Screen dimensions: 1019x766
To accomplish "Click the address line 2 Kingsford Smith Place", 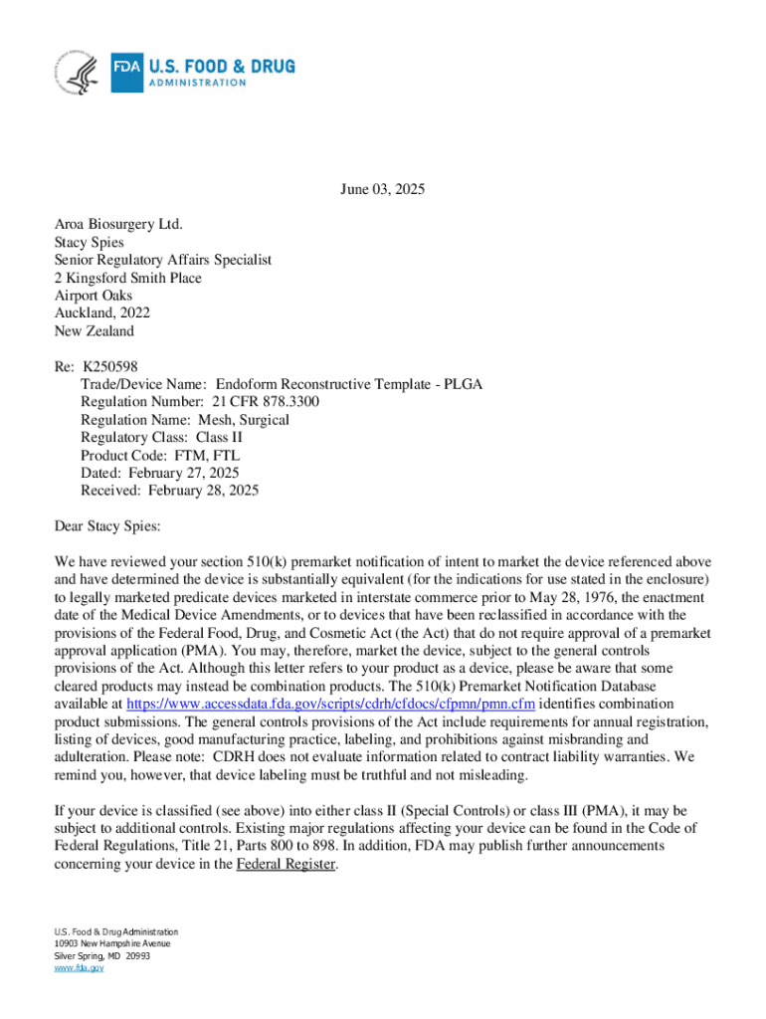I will click(127, 278).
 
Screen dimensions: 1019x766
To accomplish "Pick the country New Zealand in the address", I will click(94, 331).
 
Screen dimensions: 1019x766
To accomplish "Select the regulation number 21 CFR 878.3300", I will click(266, 401).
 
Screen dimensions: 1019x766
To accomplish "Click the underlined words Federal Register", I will click(287, 865).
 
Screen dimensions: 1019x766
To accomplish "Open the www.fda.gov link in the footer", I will click(79, 967).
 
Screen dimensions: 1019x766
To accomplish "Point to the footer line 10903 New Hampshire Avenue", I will click(112, 943).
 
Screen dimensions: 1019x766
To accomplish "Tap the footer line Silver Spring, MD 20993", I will click(101, 955).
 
